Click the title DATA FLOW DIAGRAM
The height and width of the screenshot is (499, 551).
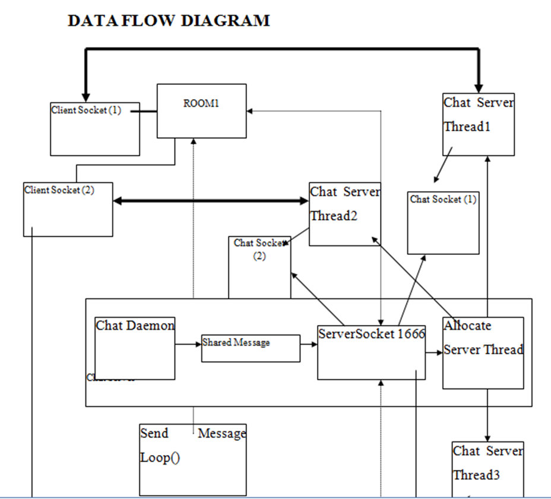169,21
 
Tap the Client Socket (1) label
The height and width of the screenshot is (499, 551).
86,110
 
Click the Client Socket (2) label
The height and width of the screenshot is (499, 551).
59,190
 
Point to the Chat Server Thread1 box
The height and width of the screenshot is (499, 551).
478,124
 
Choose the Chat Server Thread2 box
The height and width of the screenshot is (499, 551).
344,214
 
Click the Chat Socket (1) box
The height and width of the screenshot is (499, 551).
443,222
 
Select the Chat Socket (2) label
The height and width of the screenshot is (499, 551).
259,248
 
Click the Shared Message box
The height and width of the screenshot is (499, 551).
250,348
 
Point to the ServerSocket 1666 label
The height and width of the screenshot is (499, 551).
371,334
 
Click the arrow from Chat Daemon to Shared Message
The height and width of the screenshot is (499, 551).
188,343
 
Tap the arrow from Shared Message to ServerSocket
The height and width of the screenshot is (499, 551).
309,343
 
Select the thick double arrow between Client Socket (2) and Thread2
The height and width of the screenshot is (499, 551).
211,201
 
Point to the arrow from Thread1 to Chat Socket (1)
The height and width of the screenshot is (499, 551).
443,165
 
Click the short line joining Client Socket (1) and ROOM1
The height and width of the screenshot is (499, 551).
143,110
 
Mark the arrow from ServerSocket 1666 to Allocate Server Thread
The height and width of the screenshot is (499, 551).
434,351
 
